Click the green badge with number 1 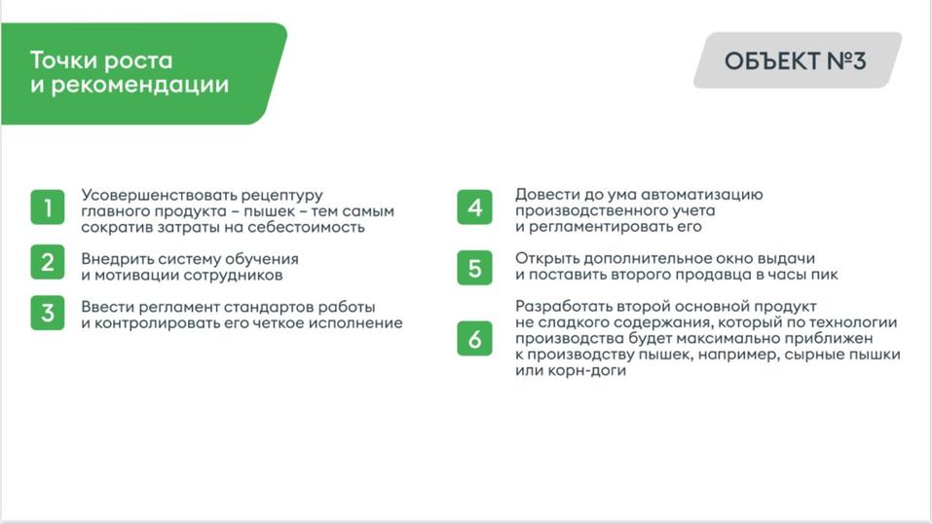tap(47, 207)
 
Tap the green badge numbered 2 tap(47, 262)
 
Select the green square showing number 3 tap(47, 313)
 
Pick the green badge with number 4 tap(474, 207)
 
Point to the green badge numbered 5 tap(474, 268)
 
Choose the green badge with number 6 tap(474, 339)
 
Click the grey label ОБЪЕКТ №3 tap(795, 60)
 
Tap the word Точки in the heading tap(61, 59)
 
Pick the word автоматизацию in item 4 tap(719, 195)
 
